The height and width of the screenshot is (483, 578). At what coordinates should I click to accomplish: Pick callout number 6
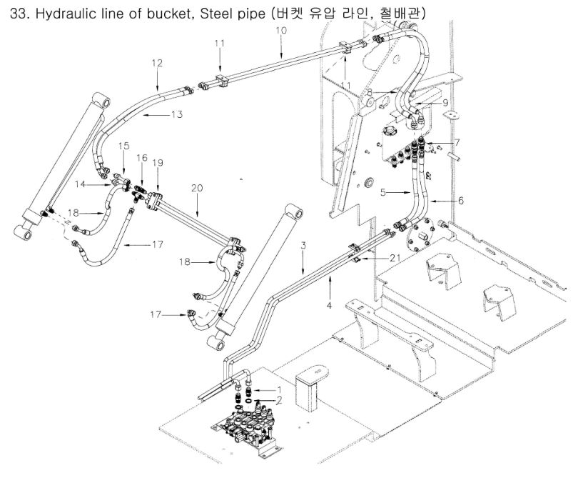click(x=460, y=201)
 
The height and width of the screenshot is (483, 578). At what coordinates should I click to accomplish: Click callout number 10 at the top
click(x=280, y=31)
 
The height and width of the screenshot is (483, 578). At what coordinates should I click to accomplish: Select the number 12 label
click(x=158, y=63)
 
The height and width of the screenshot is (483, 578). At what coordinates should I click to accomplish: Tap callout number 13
click(x=176, y=114)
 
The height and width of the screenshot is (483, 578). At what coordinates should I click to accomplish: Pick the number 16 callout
click(x=142, y=157)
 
